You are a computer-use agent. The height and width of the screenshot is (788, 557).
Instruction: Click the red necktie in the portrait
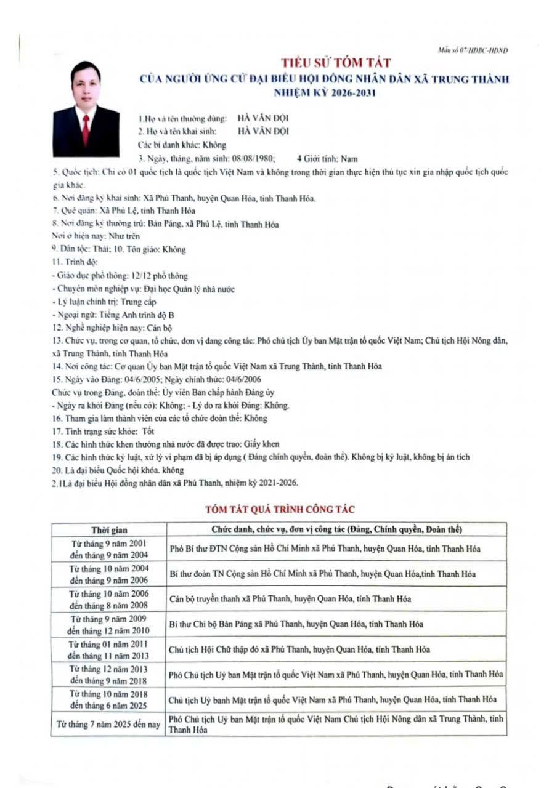(85, 129)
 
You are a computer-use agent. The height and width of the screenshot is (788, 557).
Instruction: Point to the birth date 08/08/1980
(257, 159)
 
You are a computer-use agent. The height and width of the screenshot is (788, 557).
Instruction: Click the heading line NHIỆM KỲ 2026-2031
(325, 93)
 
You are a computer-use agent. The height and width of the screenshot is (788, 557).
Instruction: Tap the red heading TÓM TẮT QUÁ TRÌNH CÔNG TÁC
(280, 509)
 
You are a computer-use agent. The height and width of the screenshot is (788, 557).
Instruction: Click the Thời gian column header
(109, 530)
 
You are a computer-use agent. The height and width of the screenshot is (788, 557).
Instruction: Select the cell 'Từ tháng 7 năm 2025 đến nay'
(108, 724)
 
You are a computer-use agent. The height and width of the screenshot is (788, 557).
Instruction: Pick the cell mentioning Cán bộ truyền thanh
(290, 598)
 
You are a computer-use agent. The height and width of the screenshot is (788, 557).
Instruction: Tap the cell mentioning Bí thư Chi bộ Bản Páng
(296, 624)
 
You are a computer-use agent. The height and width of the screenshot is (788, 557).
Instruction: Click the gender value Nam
(349, 159)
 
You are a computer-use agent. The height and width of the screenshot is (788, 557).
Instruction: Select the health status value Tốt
(148, 431)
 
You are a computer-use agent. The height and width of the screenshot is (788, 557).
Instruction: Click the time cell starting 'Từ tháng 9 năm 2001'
(108, 549)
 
